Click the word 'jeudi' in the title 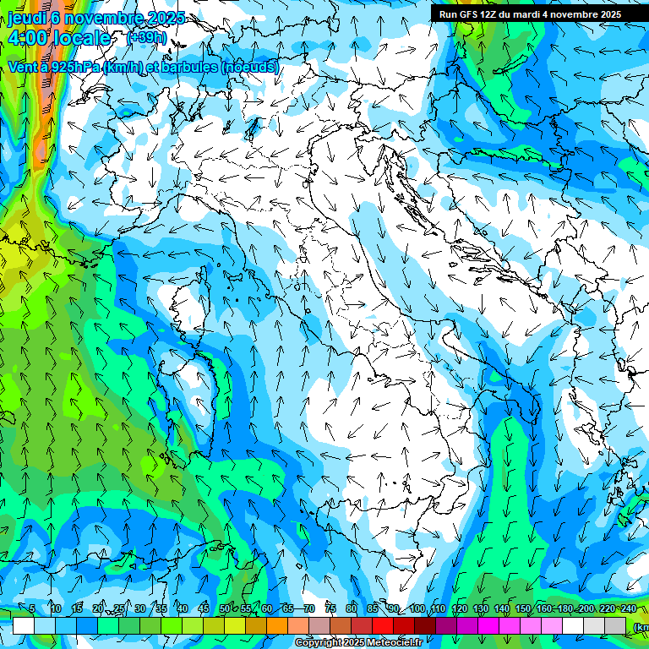click(25, 18)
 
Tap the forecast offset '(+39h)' click(147, 38)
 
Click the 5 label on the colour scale click(32, 609)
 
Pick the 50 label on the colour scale click(225, 609)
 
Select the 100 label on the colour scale click(417, 609)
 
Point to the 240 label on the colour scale click(628, 609)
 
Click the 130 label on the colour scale click(480, 609)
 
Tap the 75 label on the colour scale click(330, 609)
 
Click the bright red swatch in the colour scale click(383, 625)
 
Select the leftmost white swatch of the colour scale click(24, 625)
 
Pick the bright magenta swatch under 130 click(488, 625)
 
